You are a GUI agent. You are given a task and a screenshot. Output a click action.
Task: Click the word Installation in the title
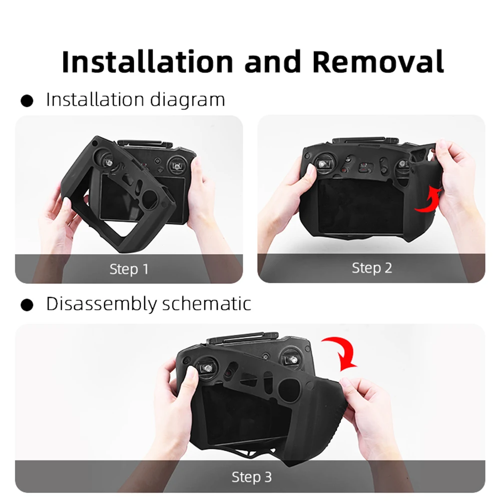tap(148, 62)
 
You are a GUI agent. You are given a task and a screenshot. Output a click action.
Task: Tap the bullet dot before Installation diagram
tap(27, 101)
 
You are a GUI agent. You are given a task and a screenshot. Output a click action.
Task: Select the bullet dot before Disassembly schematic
tap(27, 305)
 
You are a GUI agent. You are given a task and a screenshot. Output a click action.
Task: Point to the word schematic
tap(213, 304)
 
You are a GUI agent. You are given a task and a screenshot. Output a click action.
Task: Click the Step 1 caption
tap(129, 269)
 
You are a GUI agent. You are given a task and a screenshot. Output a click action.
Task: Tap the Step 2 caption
tap(371, 268)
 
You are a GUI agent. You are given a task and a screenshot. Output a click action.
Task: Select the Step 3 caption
tap(251, 477)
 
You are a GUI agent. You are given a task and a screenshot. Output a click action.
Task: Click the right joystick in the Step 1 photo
tap(176, 165)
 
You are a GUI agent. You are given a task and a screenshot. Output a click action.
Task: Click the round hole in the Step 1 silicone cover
tap(150, 200)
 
